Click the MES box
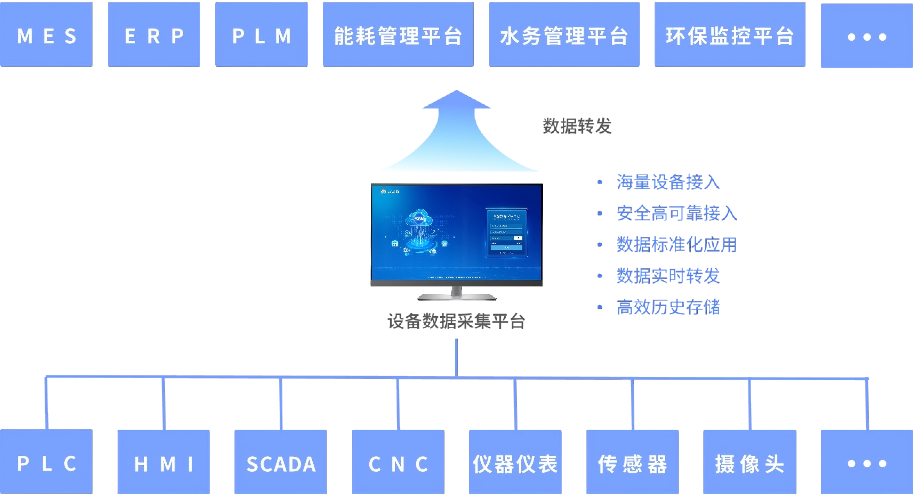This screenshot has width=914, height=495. click(46, 34)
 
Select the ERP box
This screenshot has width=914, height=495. click(154, 34)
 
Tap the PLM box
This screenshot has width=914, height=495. click(262, 34)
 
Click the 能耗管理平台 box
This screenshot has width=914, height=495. click(398, 34)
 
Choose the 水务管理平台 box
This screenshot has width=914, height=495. click(564, 34)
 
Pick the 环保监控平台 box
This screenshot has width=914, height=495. click(730, 34)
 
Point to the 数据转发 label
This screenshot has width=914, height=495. click(577, 126)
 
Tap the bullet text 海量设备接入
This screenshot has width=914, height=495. click(668, 182)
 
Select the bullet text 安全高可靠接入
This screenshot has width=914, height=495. click(676, 213)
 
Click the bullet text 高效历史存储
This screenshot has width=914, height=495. click(668, 307)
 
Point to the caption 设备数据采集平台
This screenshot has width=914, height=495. click(456, 321)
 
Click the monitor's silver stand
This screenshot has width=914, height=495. click(457, 295)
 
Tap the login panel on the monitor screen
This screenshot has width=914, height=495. click(506, 232)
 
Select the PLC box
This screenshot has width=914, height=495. click(46, 462)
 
